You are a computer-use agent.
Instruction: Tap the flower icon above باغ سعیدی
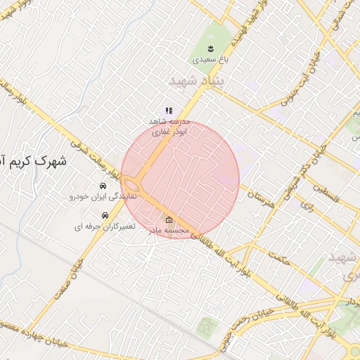pyautogui.click(x=210, y=48)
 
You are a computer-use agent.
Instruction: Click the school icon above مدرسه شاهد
pyautogui.click(x=168, y=110)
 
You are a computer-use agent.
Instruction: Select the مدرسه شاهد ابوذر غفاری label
pyautogui.click(x=168, y=126)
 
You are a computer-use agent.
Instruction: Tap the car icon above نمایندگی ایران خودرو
pyautogui.click(x=103, y=186)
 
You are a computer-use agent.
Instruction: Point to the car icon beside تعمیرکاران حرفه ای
pyautogui.click(x=105, y=215)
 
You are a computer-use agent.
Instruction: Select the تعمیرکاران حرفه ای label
pyautogui.click(x=105, y=227)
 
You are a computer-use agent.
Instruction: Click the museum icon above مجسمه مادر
pyautogui.click(x=168, y=219)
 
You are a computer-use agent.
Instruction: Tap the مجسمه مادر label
pyautogui.click(x=168, y=230)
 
